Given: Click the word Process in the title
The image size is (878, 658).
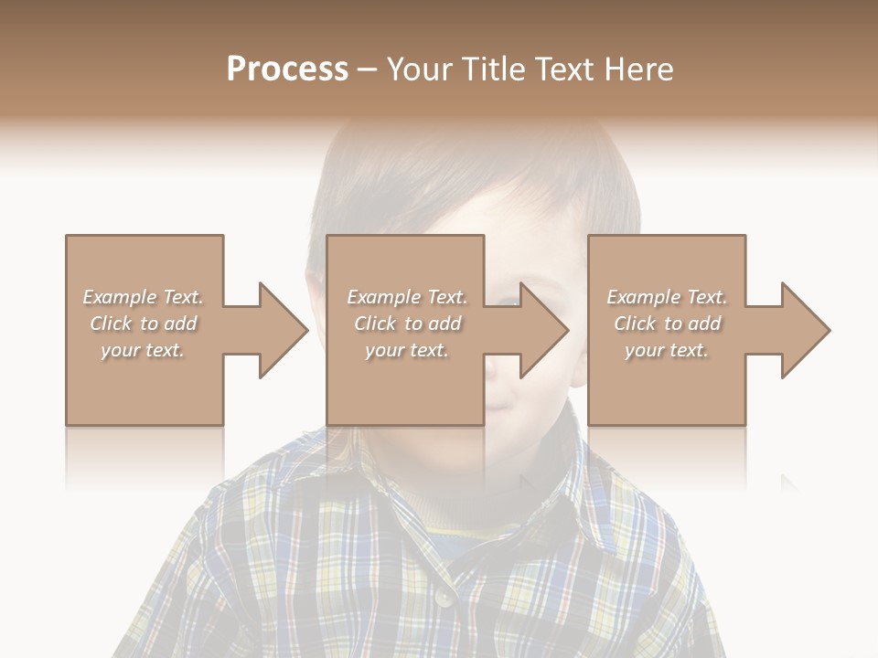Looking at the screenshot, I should coord(287,69).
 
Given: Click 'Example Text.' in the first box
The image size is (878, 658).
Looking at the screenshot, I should coord(143,297).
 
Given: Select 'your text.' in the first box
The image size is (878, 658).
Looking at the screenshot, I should coord(143,350).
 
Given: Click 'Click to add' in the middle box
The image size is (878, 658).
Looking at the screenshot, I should coord(407,324).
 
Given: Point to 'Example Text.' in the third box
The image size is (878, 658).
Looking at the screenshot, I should coord(667,297).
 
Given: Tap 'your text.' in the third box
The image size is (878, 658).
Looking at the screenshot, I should coord(667,350).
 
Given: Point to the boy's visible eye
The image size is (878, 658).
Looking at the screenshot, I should coord(502,299).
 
